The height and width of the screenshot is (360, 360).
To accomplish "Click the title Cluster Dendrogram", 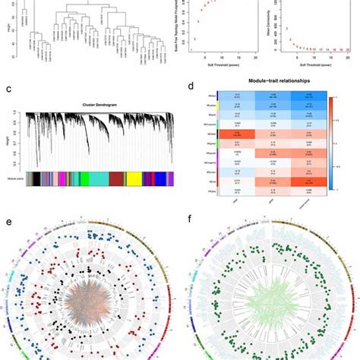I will pos(98,103).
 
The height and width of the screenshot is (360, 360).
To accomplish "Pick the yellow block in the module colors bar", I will pos(132,178).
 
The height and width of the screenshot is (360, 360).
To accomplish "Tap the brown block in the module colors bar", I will pos(115,178).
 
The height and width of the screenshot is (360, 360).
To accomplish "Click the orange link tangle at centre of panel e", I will pos(91,292).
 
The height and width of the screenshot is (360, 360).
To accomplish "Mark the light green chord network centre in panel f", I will pos(270,292).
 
